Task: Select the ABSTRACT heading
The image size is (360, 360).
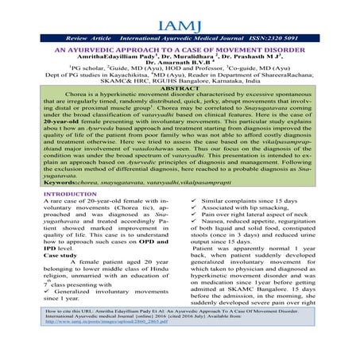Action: pyautogui.click(x=180, y=88)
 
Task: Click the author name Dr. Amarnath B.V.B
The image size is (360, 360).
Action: pyautogui.click(x=169, y=67)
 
